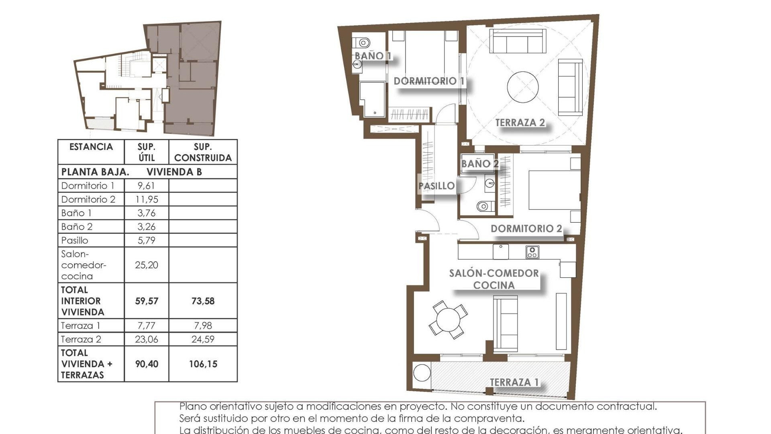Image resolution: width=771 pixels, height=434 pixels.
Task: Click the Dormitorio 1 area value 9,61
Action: click(x=146, y=186)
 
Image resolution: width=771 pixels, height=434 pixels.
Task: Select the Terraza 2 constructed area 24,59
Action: click(x=203, y=339)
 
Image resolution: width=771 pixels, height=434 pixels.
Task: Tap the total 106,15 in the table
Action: click(x=203, y=364)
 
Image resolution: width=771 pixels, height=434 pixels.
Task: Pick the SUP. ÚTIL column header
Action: click(x=146, y=152)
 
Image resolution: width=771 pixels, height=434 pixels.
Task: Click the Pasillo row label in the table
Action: click(x=75, y=240)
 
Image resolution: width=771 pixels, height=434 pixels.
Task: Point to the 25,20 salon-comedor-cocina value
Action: click(x=146, y=265)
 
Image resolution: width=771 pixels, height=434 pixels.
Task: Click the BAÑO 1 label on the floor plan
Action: click(x=373, y=56)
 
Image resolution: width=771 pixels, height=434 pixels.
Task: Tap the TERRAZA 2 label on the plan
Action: click(x=520, y=123)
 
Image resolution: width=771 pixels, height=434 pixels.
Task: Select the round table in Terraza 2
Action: click(x=522, y=87)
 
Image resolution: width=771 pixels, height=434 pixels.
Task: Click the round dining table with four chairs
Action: click(x=448, y=319)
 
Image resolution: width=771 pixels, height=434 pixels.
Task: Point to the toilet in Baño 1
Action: click(x=362, y=42)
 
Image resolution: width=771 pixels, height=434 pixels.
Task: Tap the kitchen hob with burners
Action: click(x=532, y=252)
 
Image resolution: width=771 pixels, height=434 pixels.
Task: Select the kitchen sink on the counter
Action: click(x=501, y=252)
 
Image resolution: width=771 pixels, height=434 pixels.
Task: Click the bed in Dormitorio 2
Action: click(x=554, y=190)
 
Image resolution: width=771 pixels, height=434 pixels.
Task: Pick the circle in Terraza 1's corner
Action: click(x=422, y=373)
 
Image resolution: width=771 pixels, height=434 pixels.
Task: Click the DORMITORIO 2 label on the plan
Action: click(x=526, y=229)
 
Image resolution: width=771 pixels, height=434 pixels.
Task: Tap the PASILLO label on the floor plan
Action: click(x=436, y=186)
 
